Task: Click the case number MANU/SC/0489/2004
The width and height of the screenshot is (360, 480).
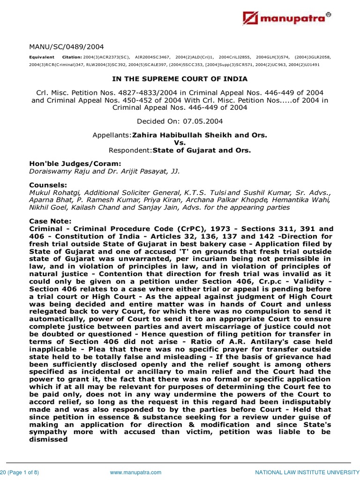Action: coord(66,46)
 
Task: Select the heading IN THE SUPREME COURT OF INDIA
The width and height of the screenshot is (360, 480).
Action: coord(180,79)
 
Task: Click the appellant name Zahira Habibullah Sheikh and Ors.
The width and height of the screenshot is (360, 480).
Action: coord(200,135)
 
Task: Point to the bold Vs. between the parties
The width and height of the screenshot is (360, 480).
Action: coord(180,142)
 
